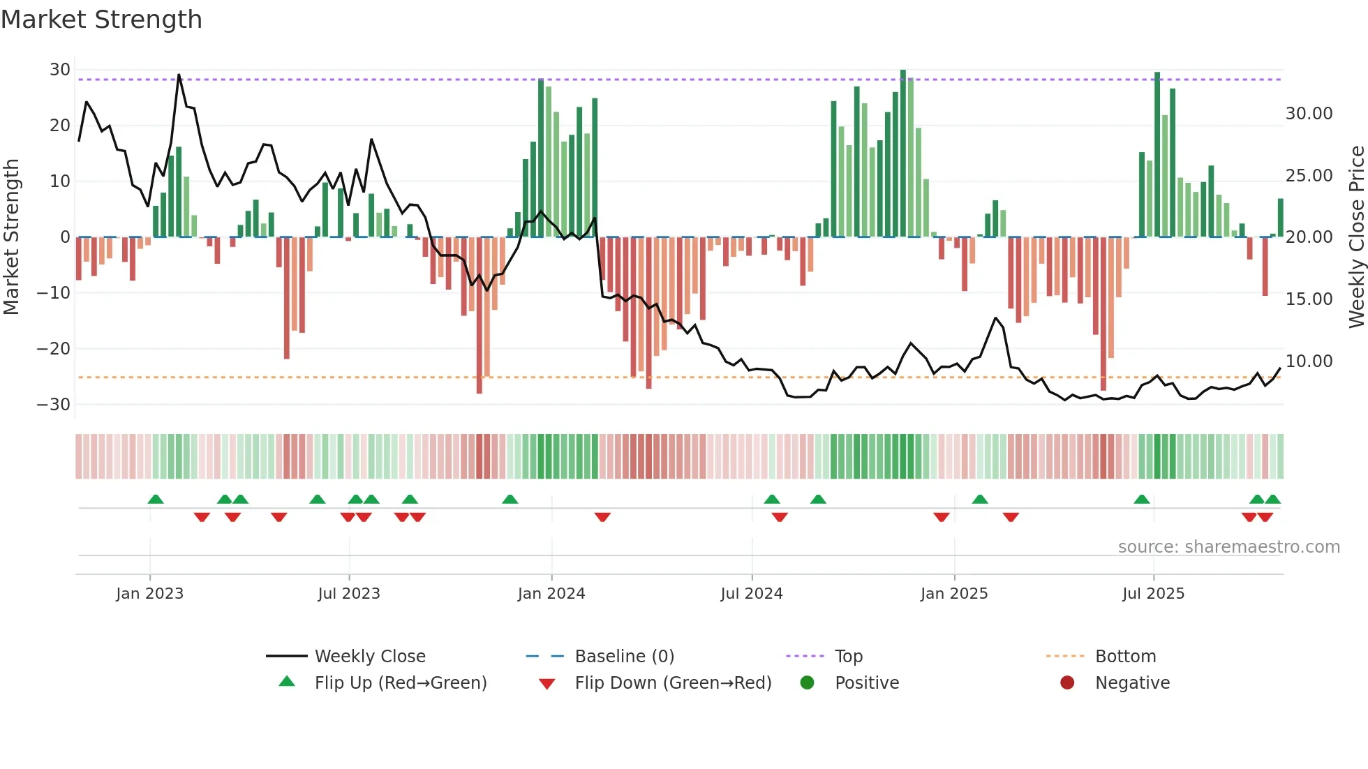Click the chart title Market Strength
[x=101, y=20]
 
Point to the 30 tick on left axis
[x=60, y=70]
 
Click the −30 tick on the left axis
[x=54, y=405]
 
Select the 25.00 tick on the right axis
[x=1309, y=176]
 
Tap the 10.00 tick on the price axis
[x=1309, y=361]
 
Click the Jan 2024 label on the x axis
[x=551, y=594]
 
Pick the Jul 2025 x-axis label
[x=1153, y=594]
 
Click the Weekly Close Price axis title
[x=1356, y=237]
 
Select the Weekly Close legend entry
[x=369, y=657]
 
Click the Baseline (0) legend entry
[x=624, y=657]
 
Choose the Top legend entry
[x=848, y=657]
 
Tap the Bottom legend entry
[x=1125, y=657]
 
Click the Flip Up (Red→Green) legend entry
[x=400, y=683]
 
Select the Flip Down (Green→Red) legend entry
[x=673, y=683]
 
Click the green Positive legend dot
[x=808, y=683]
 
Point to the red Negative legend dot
[x=1067, y=683]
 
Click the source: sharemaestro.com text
[x=1228, y=547]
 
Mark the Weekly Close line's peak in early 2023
[x=179, y=75]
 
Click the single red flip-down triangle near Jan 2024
[x=602, y=517]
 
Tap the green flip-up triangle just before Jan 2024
[x=510, y=499]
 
